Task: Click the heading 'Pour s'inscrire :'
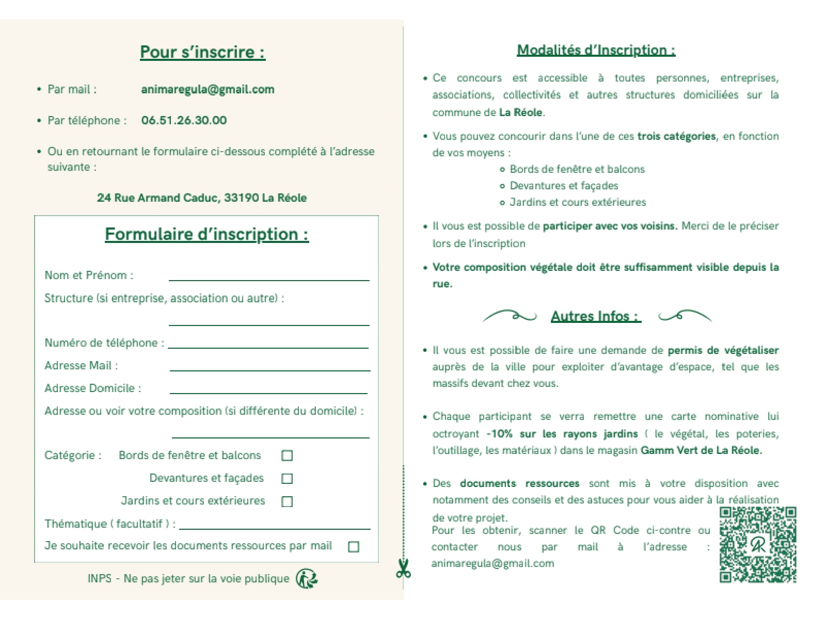point(202,52)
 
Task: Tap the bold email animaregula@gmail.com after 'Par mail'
point(208,89)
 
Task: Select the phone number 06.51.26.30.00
point(184,120)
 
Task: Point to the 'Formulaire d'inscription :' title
point(206,234)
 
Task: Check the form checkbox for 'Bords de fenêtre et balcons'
point(287,455)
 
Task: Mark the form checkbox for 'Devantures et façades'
point(287,479)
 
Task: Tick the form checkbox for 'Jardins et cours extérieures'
point(287,501)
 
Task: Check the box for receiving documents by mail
point(354,547)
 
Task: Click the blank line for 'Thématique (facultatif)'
point(275,526)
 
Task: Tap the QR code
point(758,545)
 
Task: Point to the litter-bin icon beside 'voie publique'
point(307,579)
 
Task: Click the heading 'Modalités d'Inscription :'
point(596,50)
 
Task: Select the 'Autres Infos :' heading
point(596,316)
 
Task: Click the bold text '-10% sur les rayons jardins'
point(562,434)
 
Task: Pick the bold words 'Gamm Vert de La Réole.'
point(701,450)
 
